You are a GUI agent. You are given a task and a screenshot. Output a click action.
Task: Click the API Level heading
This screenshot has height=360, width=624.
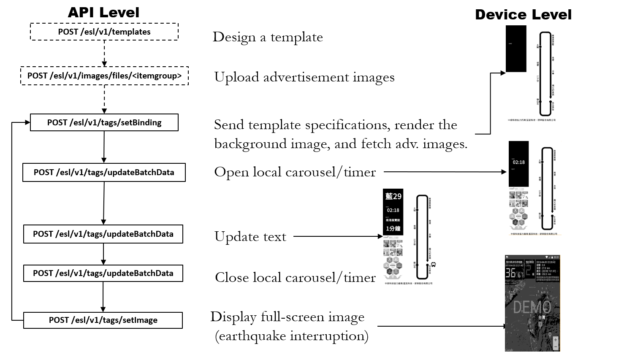[x=103, y=13]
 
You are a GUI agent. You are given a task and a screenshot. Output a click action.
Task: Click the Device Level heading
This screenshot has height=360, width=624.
[x=523, y=15]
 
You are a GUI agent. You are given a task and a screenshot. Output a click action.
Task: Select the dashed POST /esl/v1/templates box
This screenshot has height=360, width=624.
[x=104, y=32]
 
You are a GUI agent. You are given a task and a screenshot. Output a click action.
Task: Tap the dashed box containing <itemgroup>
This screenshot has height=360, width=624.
[x=104, y=76]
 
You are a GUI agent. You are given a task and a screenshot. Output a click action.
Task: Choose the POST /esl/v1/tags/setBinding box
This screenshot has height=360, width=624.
[x=104, y=122]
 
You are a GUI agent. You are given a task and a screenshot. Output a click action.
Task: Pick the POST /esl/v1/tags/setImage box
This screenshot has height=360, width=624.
[x=103, y=320]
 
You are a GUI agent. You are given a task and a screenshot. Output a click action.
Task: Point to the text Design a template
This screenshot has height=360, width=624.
[x=268, y=37]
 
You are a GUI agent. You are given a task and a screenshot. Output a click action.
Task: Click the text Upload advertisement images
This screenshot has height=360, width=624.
[x=304, y=77]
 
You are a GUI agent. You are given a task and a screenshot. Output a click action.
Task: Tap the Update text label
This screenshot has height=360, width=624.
[x=250, y=237]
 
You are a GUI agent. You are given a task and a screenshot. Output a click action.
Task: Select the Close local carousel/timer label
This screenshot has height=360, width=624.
[x=295, y=277]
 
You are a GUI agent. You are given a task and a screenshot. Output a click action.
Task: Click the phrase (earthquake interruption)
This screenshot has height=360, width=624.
[x=292, y=336]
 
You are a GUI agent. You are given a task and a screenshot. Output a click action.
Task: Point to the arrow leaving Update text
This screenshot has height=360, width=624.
[x=338, y=236]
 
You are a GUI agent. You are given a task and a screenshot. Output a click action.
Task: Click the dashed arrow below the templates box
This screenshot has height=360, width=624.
[x=104, y=53]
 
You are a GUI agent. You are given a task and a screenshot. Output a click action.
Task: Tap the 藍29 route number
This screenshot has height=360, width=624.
[x=393, y=196]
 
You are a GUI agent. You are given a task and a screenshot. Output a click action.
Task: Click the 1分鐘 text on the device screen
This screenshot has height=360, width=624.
[x=393, y=229]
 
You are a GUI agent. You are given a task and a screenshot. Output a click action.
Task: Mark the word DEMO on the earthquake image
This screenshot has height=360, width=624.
[x=532, y=307]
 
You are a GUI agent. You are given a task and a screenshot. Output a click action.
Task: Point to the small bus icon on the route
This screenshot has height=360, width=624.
[x=434, y=265]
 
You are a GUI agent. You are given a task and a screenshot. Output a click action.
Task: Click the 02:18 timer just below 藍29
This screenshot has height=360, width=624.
[x=393, y=210]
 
